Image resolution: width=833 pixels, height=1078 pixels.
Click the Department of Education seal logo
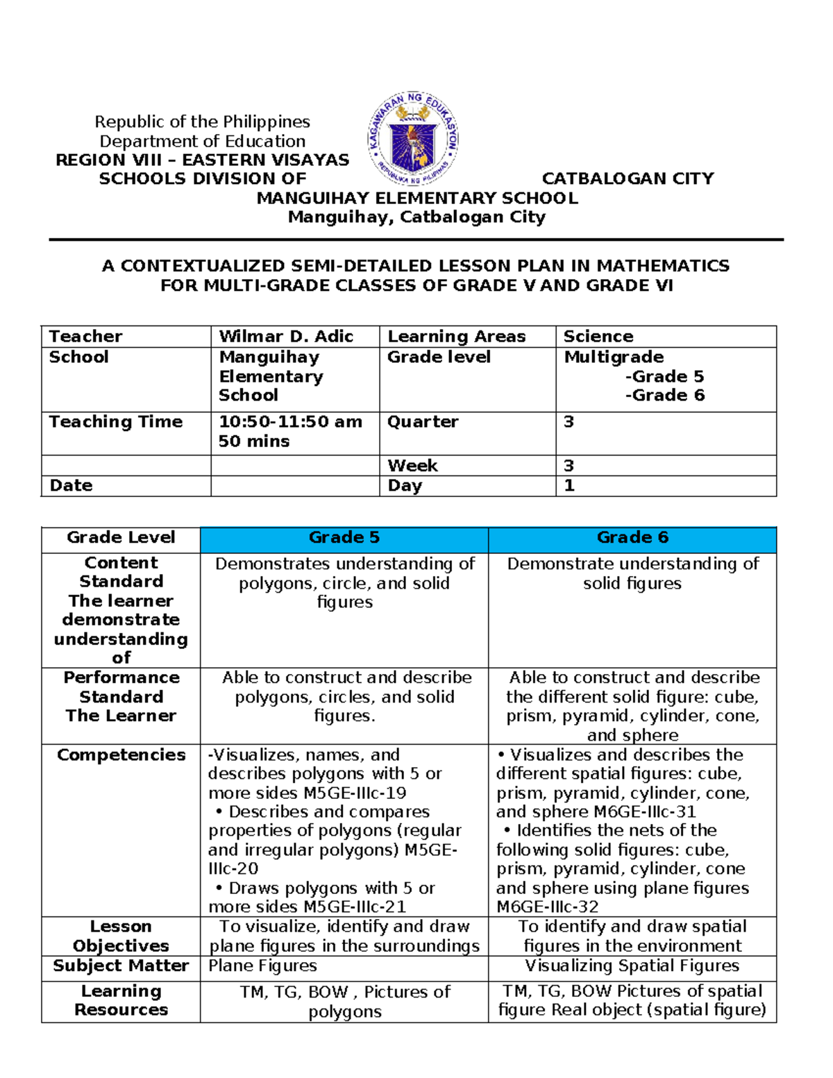coord(412,140)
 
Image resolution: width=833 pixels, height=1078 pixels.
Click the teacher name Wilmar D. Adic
coord(286,337)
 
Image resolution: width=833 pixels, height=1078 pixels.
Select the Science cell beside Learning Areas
coord(598,337)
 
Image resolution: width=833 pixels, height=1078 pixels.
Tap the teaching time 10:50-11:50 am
coord(290,422)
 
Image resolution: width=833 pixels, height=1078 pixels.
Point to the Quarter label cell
coord(423,422)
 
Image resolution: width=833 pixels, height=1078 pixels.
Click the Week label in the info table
coord(412,466)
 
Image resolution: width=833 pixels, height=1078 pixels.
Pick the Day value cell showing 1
coord(569,486)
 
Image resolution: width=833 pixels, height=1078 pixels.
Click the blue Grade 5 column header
coord(344,538)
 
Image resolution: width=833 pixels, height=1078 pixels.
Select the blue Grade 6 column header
coord(632,538)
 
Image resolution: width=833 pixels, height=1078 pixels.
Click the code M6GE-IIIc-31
coord(645,812)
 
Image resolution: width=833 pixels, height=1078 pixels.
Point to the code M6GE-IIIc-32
coord(547,907)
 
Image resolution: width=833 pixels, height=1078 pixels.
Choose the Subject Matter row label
coord(121,966)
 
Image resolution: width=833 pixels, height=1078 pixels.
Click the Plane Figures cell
coord(262,966)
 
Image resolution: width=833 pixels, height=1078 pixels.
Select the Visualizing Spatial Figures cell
coord(632,966)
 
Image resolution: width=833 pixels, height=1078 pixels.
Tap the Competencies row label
coord(121,755)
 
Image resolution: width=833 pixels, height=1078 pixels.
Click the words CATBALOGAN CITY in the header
coord(628,179)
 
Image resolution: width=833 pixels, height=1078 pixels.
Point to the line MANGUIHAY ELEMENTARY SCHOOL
coord(416,199)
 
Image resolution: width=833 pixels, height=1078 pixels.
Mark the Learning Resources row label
coord(121,1001)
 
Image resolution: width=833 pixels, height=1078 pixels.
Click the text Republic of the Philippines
coord(202,122)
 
